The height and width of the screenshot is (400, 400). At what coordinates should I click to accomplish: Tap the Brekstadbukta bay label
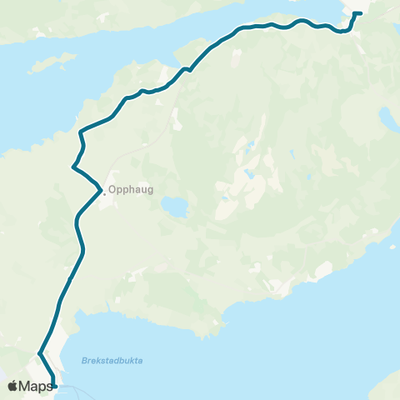(112, 360)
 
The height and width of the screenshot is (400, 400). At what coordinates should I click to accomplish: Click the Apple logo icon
(12, 386)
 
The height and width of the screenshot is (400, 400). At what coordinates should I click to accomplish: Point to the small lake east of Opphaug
(173, 206)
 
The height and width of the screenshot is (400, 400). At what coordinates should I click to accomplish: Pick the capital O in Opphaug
(112, 190)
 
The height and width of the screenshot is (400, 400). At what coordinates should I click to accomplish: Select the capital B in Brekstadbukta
(84, 360)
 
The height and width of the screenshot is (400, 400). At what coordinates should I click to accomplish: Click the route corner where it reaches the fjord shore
(80, 132)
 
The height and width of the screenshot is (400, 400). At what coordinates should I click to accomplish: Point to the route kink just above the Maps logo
(40, 355)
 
